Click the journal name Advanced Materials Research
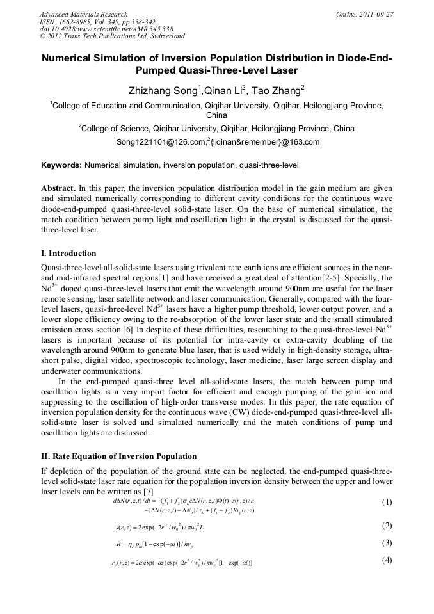pyautogui.click(x=83, y=14)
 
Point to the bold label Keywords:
pyautogui.click(x=61, y=165)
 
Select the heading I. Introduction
pyautogui.click(x=68, y=254)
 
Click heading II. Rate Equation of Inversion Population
pyautogui.click(x=118, y=456)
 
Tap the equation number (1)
pyautogui.click(x=387, y=502)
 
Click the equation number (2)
pyautogui.click(x=387, y=526)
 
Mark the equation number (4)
pyautogui.click(x=387, y=561)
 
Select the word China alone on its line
pyautogui.click(x=216, y=116)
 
